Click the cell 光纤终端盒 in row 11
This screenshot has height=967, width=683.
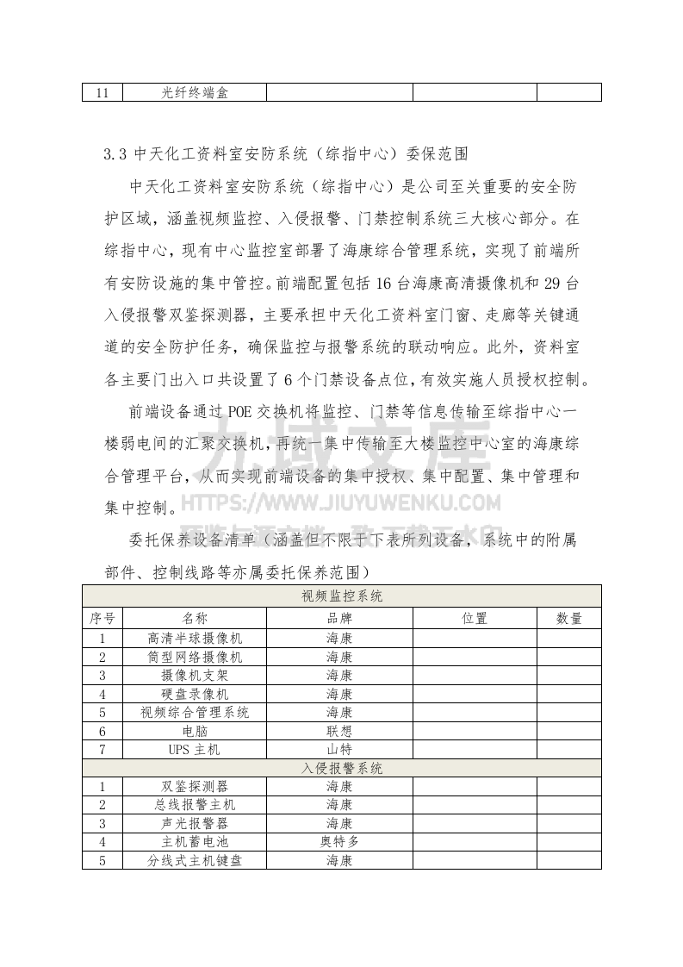click(x=195, y=92)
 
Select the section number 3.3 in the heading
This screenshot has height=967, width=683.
click(x=115, y=154)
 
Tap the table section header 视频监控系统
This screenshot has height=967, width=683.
click(x=342, y=596)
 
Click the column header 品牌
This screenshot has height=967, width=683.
click(x=339, y=618)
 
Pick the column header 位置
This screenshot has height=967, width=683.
click(x=475, y=618)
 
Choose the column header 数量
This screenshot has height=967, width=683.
click(x=568, y=618)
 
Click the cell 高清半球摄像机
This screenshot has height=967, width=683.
click(x=195, y=639)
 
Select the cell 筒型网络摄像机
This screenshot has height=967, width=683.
click(x=195, y=657)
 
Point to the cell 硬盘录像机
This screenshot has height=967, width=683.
click(x=195, y=694)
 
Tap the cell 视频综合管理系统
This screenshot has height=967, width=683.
click(x=195, y=713)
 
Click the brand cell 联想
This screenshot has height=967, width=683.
click(x=339, y=731)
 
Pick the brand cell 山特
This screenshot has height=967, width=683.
click(x=339, y=750)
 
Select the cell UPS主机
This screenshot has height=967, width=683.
click(x=195, y=750)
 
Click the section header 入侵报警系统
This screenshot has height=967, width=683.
click(x=342, y=768)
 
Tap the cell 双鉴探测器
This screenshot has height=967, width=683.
click(x=195, y=786)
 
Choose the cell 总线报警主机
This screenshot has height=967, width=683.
click(x=195, y=805)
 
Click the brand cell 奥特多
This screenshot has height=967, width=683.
click(x=339, y=842)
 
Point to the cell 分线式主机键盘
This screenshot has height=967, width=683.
click(x=195, y=860)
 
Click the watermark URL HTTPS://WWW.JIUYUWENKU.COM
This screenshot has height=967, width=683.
click(x=341, y=503)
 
